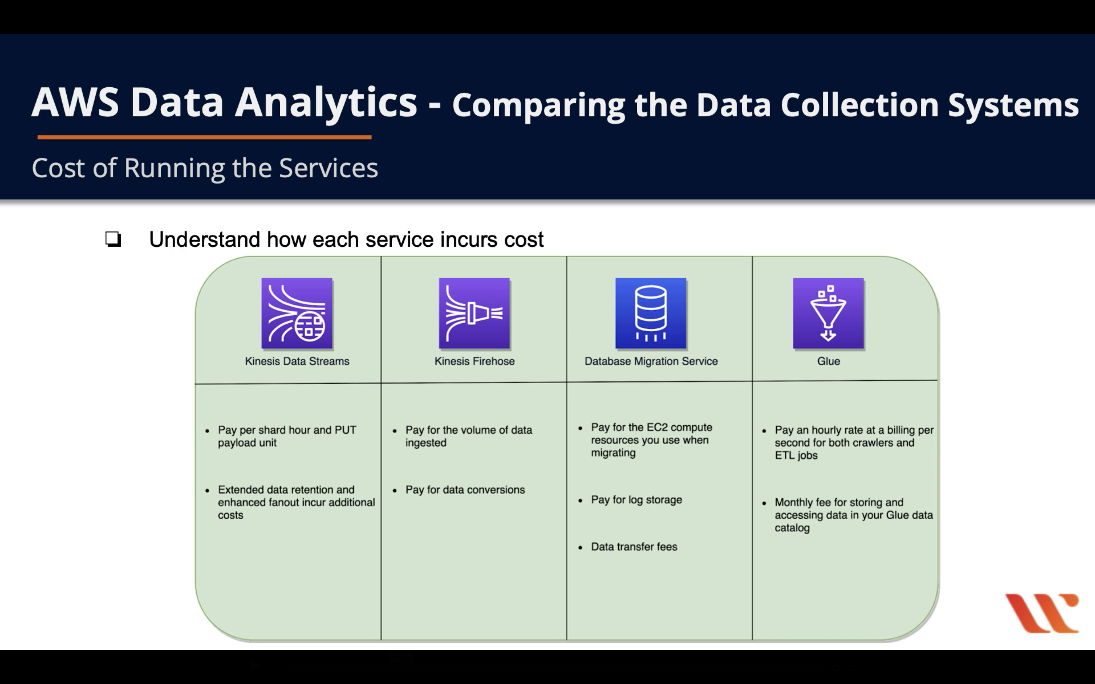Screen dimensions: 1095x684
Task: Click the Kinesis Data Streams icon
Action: pyautogui.click(x=297, y=313)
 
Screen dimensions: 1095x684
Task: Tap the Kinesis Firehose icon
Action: pyautogui.click(x=474, y=313)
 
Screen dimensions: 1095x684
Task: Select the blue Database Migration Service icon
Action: pyautogui.click(x=651, y=313)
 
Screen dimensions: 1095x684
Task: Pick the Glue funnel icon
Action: pyautogui.click(x=828, y=313)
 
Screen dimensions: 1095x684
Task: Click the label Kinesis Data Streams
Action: pyautogui.click(x=297, y=361)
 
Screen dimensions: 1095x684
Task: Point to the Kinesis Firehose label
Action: pyautogui.click(x=474, y=361)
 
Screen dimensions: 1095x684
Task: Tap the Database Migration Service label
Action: pyautogui.click(x=651, y=361)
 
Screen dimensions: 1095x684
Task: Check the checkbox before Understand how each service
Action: pyautogui.click(x=113, y=239)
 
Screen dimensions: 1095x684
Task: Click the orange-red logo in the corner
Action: pyautogui.click(x=1042, y=613)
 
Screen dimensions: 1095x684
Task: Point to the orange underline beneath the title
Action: pyautogui.click(x=204, y=136)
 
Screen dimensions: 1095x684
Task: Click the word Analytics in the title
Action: pyautogui.click(x=326, y=103)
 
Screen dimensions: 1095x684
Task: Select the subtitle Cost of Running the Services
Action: pyautogui.click(x=204, y=168)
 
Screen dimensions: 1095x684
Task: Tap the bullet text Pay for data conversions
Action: pyautogui.click(x=465, y=489)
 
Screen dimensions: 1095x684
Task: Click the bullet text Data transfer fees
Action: pyautogui.click(x=634, y=547)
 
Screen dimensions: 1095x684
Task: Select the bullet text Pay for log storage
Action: pyautogui.click(x=636, y=500)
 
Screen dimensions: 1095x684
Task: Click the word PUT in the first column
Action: pyautogui.click(x=345, y=430)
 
